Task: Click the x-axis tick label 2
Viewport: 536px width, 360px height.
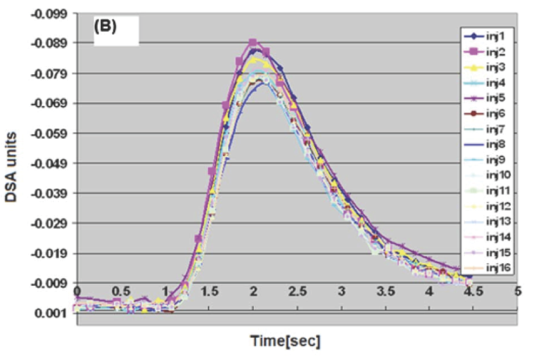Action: [253, 291]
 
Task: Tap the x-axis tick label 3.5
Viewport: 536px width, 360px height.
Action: [385, 291]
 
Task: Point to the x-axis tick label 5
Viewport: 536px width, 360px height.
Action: [518, 291]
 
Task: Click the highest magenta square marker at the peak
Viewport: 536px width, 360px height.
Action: [253, 42]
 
